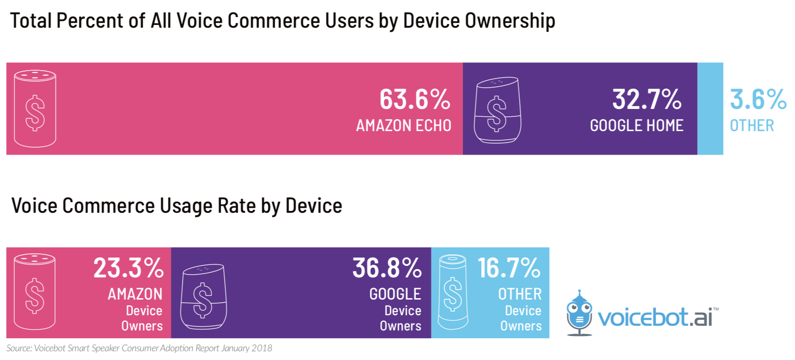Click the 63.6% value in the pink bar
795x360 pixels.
pos(415,99)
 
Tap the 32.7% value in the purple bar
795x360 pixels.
pos(647,99)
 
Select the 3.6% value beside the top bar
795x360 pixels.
pos(758,99)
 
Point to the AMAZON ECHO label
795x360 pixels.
pos(404,126)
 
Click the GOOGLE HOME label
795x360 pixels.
pos(637,126)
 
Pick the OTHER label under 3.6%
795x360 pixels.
pos(752,126)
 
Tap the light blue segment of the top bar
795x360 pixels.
pos(710,108)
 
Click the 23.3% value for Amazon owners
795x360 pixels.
pos(128,268)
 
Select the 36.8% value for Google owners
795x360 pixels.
pos(387,268)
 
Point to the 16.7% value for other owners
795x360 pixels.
pos(509,268)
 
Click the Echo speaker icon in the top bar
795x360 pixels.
pos(35,108)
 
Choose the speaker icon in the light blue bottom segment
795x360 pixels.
pos(452,292)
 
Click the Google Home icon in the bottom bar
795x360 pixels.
pos(203,296)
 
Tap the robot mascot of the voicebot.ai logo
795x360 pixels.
pos(579,313)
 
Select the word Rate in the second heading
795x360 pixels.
pos(236,205)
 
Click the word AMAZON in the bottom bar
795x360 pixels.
pos(135,294)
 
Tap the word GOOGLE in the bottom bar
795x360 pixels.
pos(395,294)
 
